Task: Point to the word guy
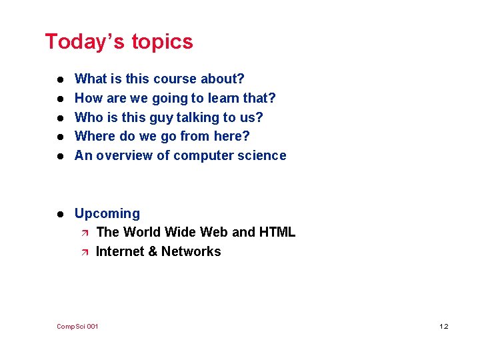click(x=160, y=118)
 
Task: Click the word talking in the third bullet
click(x=199, y=118)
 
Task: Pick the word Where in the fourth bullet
click(x=94, y=137)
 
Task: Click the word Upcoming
click(x=107, y=214)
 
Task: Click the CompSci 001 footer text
click(x=77, y=327)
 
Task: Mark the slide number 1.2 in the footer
click(x=444, y=327)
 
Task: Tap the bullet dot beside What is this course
click(x=59, y=80)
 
